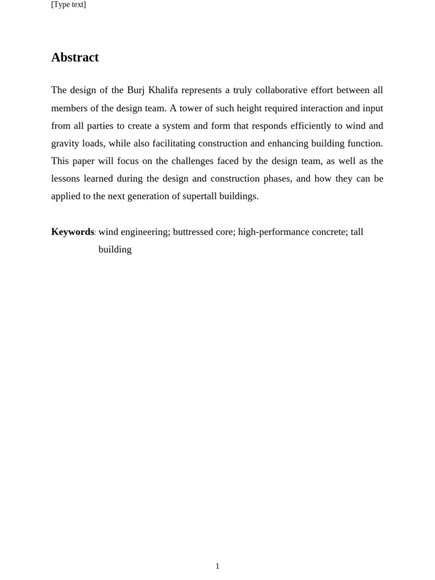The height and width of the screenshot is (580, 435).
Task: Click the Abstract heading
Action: [75, 57]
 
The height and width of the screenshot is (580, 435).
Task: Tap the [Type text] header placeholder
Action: [69, 5]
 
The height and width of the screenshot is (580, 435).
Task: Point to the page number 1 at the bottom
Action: [217, 566]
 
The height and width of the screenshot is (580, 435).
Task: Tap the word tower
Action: [191, 108]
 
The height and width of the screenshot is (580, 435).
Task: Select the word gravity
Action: [65, 143]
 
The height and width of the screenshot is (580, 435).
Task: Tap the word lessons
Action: [65, 178]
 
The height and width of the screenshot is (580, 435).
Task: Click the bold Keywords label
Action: [72, 232]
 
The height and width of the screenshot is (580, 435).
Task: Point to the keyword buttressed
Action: [194, 232]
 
